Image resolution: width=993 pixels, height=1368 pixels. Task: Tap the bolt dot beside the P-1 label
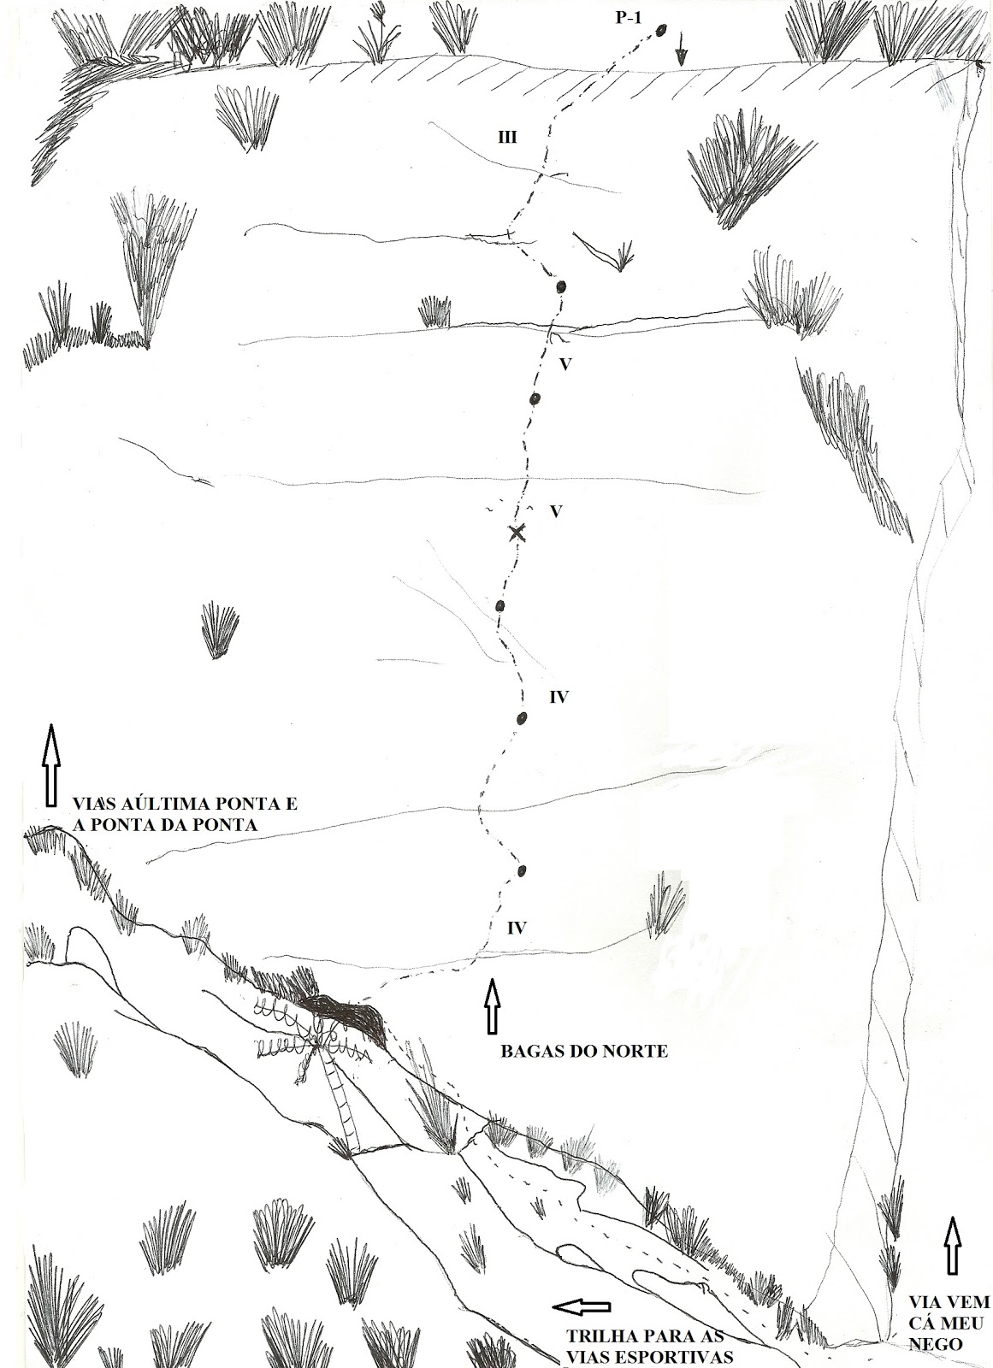(661, 31)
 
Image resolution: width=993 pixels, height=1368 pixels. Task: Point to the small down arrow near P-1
(681, 56)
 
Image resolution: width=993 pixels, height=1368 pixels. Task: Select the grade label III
(507, 137)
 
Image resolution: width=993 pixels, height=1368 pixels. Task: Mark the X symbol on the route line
(516, 533)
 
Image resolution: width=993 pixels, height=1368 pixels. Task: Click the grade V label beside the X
(555, 511)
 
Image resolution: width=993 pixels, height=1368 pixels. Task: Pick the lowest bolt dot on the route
(521, 871)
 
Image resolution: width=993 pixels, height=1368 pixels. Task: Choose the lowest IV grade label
(516, 927)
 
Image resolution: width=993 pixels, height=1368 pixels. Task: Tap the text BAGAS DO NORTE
(583, 1051)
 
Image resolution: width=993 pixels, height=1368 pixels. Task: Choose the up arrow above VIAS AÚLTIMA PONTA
(50, 764)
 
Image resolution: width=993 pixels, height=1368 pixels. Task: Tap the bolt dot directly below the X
(500, 606)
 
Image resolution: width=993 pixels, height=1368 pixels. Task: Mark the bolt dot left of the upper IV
(520, 718)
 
